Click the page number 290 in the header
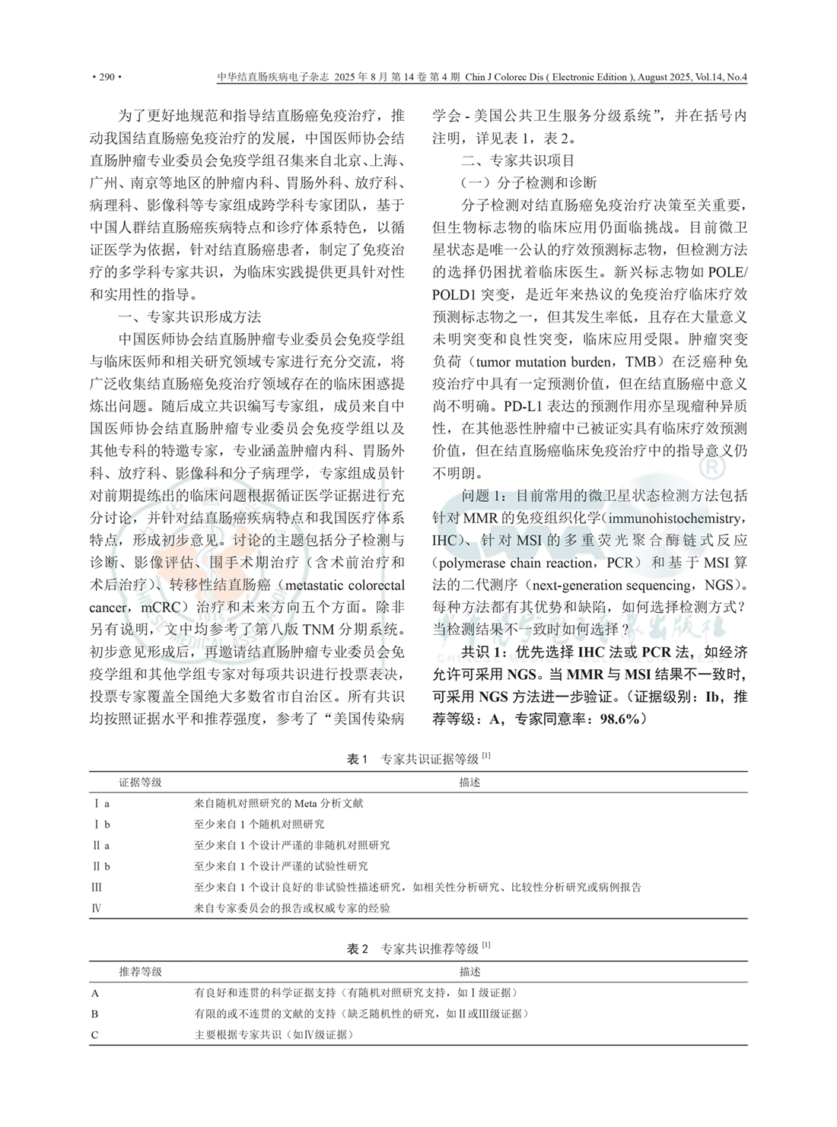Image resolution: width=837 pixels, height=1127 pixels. (x=106, y=77)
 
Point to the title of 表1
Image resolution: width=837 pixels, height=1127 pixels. (x=418, y=759)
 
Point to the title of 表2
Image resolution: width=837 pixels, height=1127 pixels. (x=418, y=948)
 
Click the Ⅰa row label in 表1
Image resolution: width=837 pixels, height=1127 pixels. (x=102, y=803)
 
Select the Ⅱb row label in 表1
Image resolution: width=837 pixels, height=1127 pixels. (x=102, y=866)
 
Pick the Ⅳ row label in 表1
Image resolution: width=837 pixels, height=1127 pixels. (x=97, y=908)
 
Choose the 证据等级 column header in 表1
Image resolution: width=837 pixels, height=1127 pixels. (x=140, y=782)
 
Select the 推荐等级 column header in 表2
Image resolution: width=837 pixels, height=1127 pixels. (x=140, y=972)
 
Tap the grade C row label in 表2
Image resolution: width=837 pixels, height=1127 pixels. (x=95, y=1034)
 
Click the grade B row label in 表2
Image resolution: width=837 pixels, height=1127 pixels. (x=95, y=1014)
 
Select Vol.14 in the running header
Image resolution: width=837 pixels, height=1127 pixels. (x=705, y=77)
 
